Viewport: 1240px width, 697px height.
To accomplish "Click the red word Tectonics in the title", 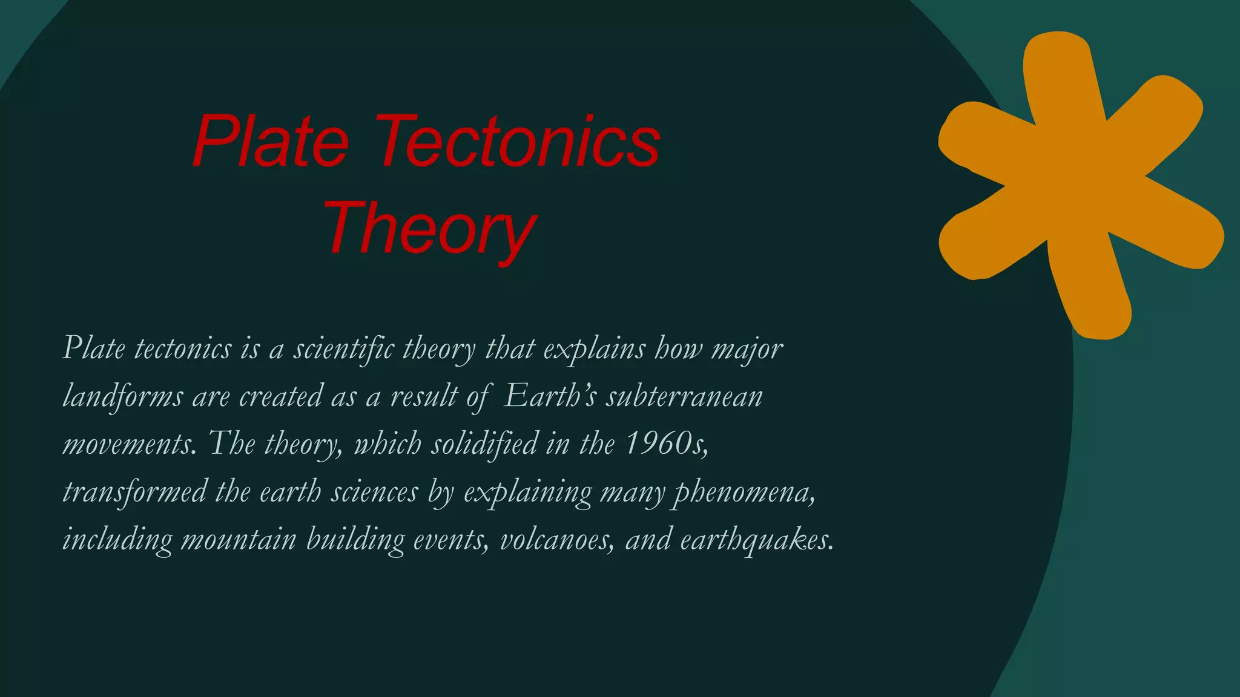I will (x=518, y=143).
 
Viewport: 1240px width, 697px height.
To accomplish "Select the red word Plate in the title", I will (x=271, y=143).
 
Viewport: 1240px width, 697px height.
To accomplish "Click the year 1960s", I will (x=666, y=443).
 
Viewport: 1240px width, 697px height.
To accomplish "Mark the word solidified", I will (x=484, y=443).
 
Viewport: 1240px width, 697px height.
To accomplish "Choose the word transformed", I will (x=134, y=491).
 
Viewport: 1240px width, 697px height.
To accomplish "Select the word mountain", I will (x=239, y=539).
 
